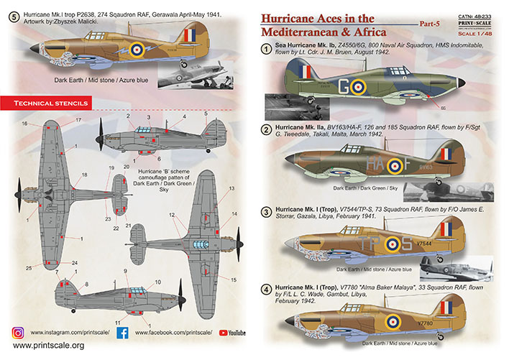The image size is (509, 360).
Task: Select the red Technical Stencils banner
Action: (x=48, y=103)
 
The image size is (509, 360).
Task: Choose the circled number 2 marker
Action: (x=266, y=129)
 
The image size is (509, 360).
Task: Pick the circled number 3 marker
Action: (x=266, y=212)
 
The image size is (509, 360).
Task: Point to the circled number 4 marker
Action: (x=266, y=290)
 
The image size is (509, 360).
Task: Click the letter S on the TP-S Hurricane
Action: (x=404, y=244)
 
